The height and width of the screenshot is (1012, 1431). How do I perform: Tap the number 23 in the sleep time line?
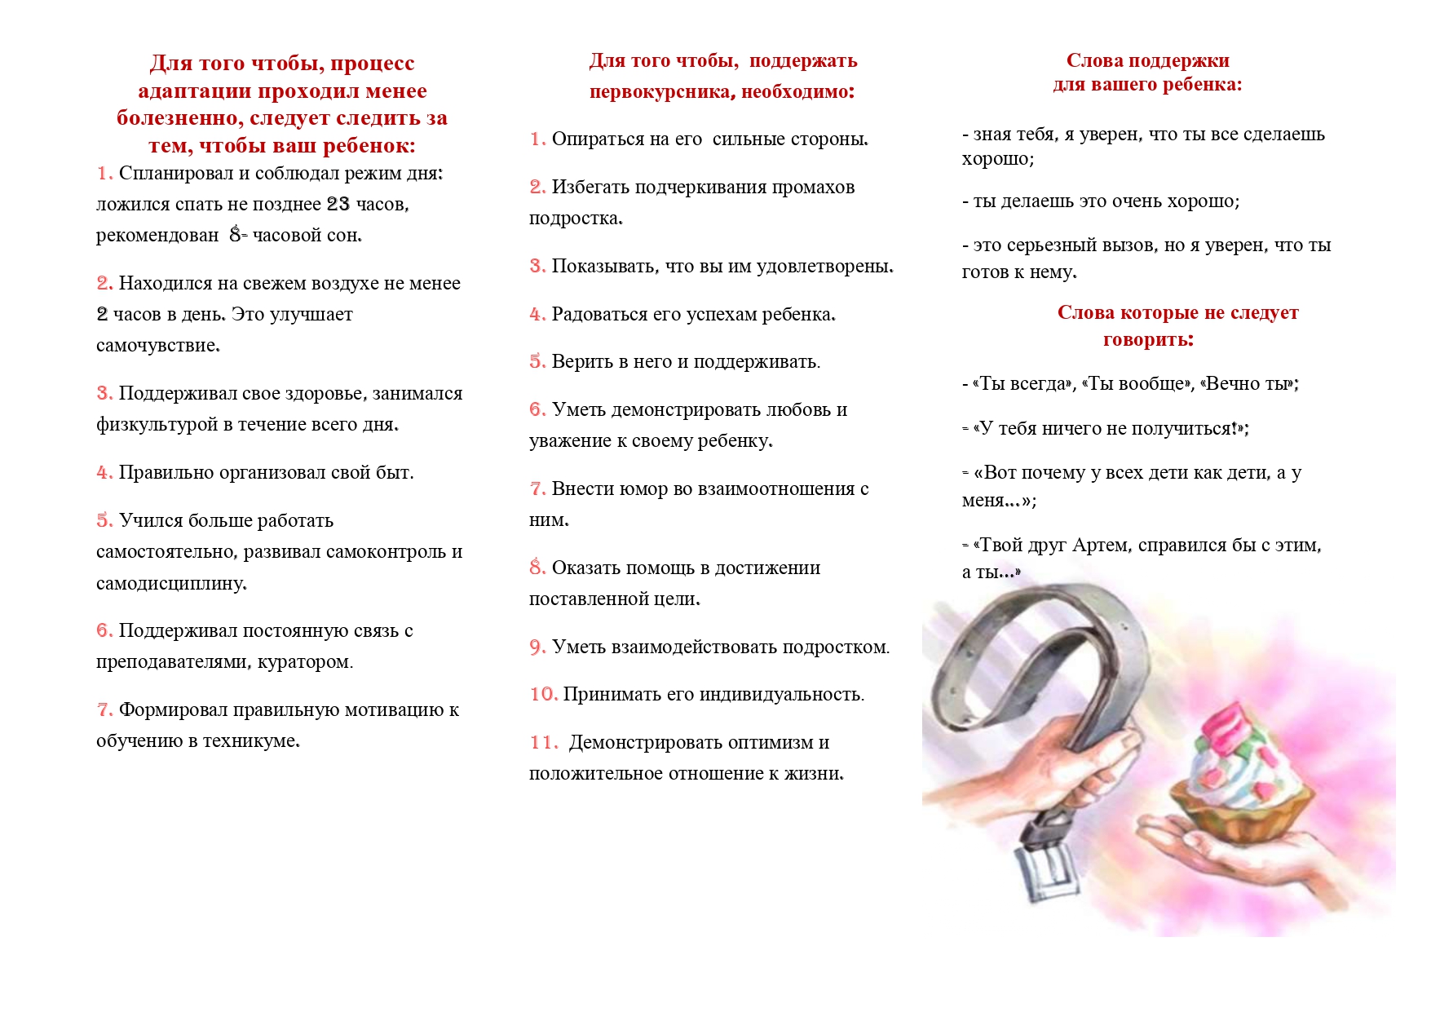[x=338, y=204]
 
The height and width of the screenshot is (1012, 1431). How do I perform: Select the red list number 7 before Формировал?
[x=104, y=710]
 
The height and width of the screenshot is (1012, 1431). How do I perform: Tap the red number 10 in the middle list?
[x=543, y=695]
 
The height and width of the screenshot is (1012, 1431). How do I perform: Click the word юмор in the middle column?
[x=643, y=489]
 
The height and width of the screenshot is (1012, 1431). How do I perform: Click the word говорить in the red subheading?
[x=1147, y=340]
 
